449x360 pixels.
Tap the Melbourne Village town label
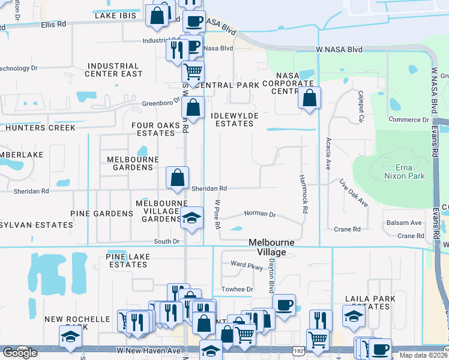coord(276,247)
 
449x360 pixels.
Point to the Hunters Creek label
coord(41,128)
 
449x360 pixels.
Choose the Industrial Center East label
coord(114,70)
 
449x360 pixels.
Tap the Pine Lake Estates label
coord(127,260)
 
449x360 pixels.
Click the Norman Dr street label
coord(259,214)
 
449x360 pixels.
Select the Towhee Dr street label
coord(237,289)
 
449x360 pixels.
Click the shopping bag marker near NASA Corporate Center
coord(309,98)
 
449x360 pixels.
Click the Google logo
coord(20,353)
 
